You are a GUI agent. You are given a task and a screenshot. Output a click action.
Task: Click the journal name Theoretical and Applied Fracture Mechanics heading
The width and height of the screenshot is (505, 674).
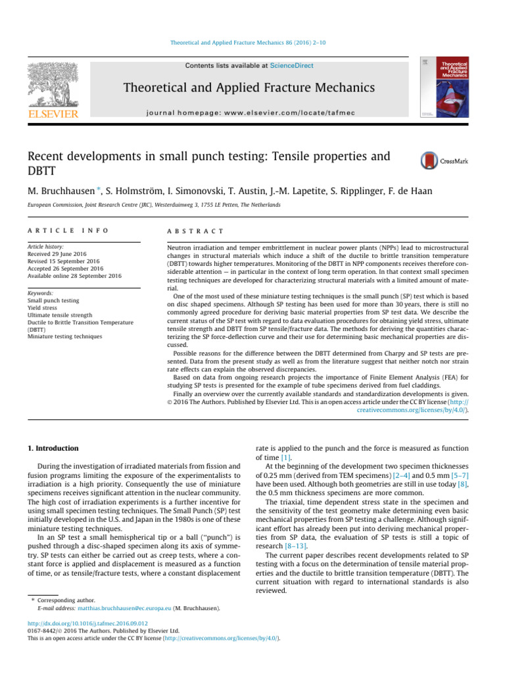pyautogui.click(x=252, y=88)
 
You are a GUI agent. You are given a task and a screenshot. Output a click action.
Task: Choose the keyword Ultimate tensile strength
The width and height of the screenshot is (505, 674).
pyautogui.click(x=60, y=315)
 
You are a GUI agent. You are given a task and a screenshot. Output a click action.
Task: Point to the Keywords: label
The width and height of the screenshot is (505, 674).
pyautogui.click(x=42, y=292)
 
